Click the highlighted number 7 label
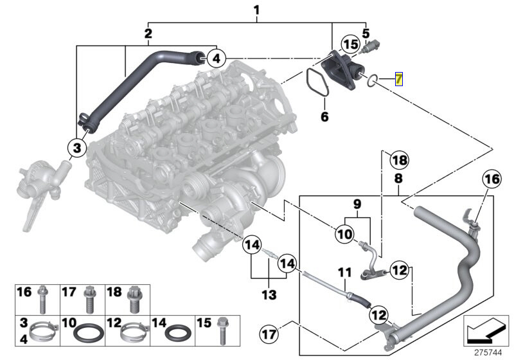click(398, 80)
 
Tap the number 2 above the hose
click(148, 33)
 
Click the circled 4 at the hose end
click(217, 59)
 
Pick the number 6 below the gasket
click(324, 117)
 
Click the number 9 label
click(357, 204)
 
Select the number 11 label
click(344, 272)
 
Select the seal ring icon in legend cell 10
click(83, 333)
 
